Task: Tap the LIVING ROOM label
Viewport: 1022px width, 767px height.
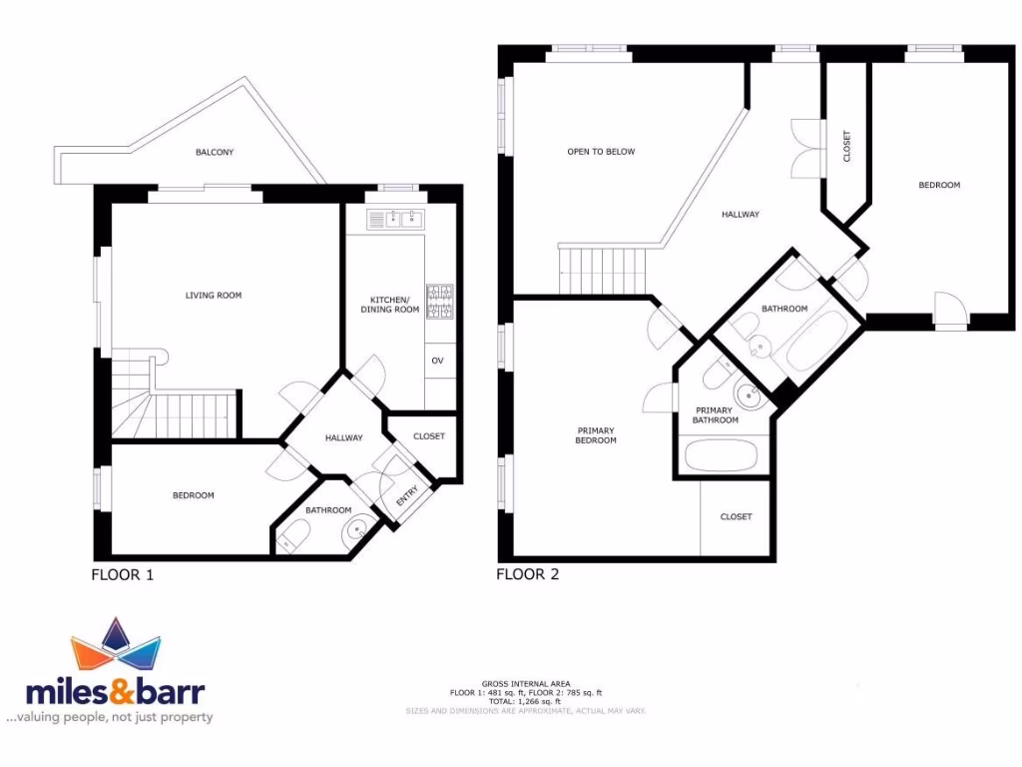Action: click(214, 295)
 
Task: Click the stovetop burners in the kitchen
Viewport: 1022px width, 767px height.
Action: click(439, 302)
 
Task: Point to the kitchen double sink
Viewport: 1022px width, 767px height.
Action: click(395, 218)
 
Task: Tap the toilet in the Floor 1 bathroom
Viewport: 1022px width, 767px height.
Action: click(291, 538)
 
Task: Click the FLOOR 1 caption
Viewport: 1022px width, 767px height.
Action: click(123, 574)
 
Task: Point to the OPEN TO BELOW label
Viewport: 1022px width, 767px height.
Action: click(601, 152)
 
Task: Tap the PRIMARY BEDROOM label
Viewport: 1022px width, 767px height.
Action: click(596, 435)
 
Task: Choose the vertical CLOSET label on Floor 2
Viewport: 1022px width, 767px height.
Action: click(847, 147)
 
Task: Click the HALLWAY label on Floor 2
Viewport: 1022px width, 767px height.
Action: click(742, 214)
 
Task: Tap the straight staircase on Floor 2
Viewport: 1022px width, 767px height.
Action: click(602, 271)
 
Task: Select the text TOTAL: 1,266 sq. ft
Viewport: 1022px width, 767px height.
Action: click(526, 701)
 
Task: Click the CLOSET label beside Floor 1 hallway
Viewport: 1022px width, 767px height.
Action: click(429, 436)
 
